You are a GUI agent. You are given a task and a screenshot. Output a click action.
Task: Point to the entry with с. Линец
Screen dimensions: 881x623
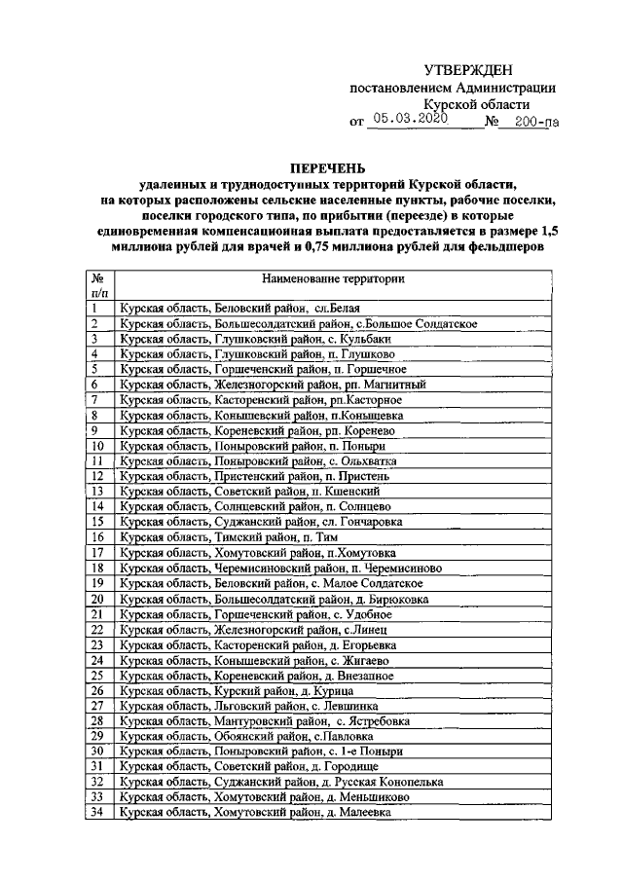248,630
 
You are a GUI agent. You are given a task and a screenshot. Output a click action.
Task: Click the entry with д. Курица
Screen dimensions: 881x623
235,691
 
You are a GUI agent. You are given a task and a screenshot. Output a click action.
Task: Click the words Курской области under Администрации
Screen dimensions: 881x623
476,104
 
